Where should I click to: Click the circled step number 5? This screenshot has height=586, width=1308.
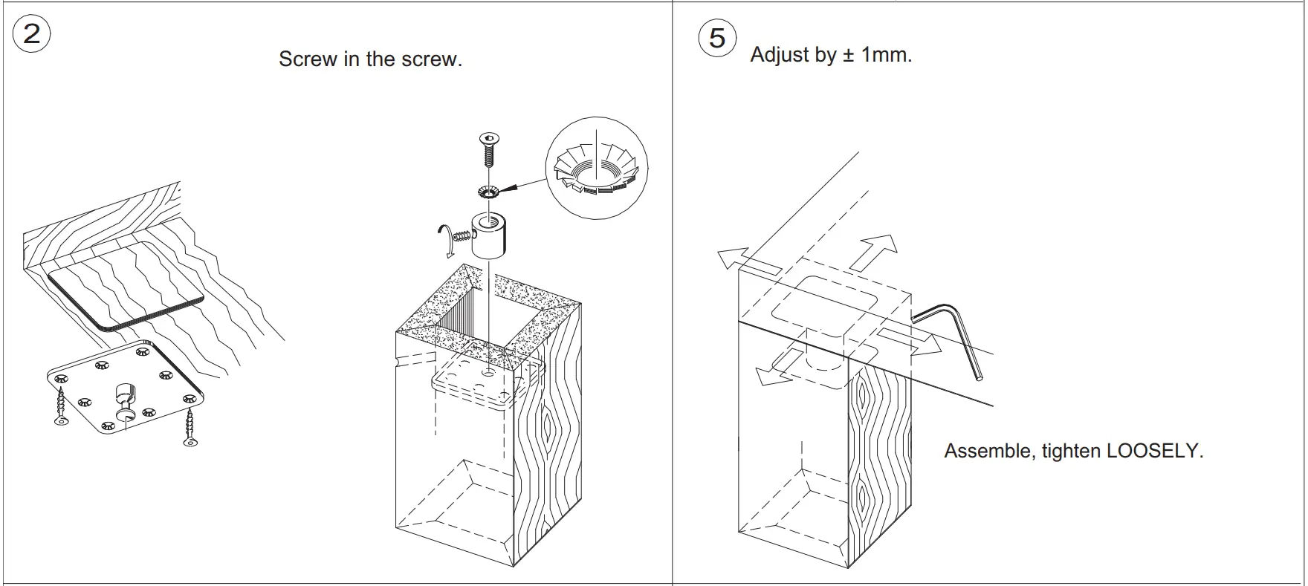pyautogui.click(x=717, y=39)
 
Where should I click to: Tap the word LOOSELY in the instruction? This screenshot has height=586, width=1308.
pyautogui.click(x=1154, y=451)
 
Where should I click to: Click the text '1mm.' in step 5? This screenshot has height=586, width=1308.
pyautogui.click(x=886, y=55)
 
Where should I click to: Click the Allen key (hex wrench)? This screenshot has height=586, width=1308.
pyautogui.click(x=959, y=327)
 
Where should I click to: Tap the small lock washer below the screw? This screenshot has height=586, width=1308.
pyautogui.click(x=488, y=192)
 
